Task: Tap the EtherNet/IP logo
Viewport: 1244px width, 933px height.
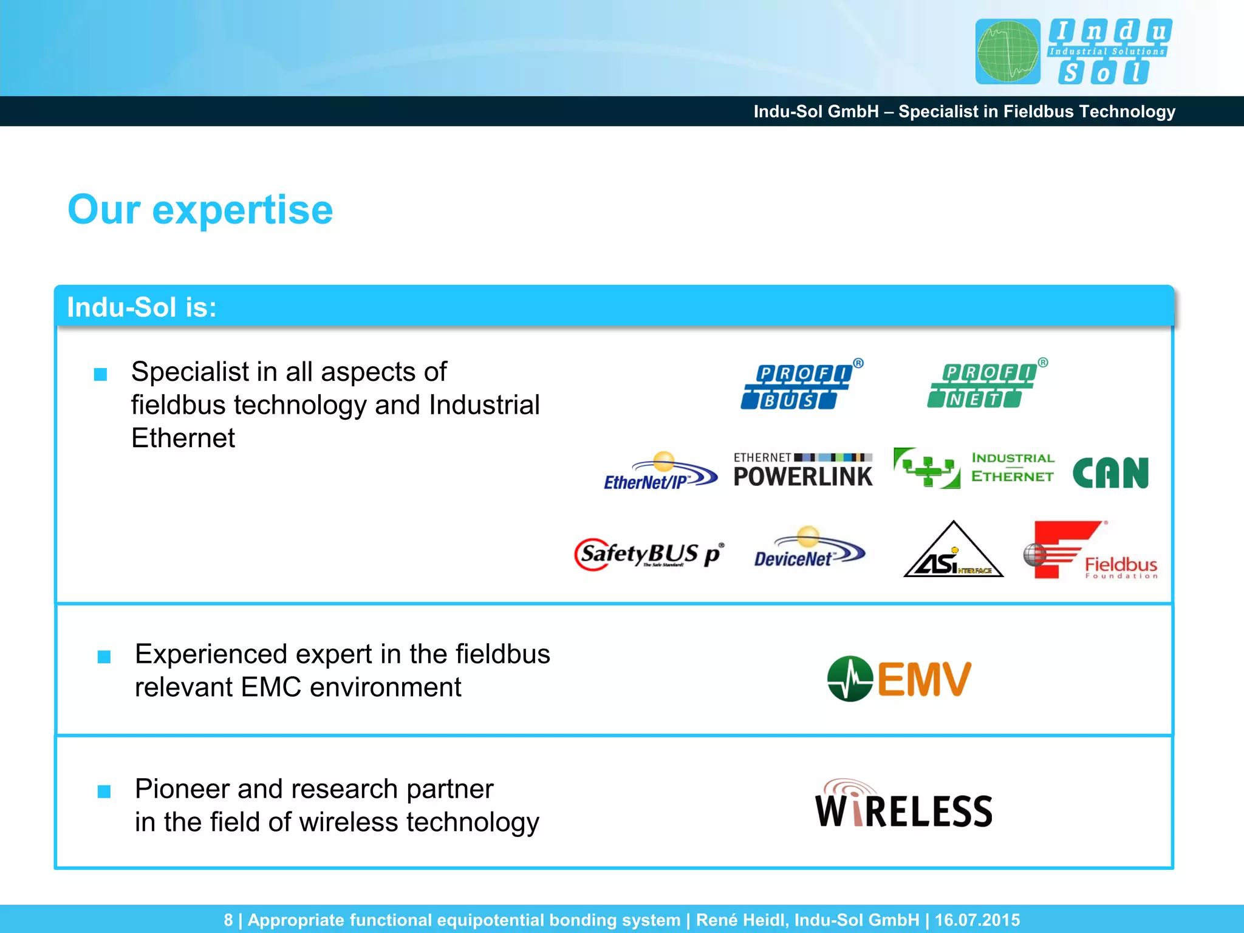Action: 660,472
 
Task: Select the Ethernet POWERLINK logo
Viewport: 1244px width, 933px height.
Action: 802,470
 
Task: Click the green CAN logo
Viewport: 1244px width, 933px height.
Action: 1110,473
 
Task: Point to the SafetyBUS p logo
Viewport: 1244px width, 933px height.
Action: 649,554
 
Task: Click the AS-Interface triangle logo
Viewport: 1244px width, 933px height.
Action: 952,552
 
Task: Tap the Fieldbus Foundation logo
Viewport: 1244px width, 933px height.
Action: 1090,550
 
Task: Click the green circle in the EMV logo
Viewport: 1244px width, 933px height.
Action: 850,678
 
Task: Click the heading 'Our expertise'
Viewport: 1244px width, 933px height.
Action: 200,210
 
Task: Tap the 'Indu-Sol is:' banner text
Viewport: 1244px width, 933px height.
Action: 142,307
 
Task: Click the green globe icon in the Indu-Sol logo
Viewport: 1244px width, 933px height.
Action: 1007,52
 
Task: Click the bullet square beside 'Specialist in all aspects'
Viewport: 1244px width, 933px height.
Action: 101,374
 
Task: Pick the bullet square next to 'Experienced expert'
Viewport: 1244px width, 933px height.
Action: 104,657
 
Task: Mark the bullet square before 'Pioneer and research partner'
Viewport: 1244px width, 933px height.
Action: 104,791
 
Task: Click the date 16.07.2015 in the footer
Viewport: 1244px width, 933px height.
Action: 977,920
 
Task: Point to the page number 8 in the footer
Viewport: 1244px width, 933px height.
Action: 228,920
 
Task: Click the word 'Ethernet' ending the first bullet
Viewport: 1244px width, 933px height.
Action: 183,438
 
